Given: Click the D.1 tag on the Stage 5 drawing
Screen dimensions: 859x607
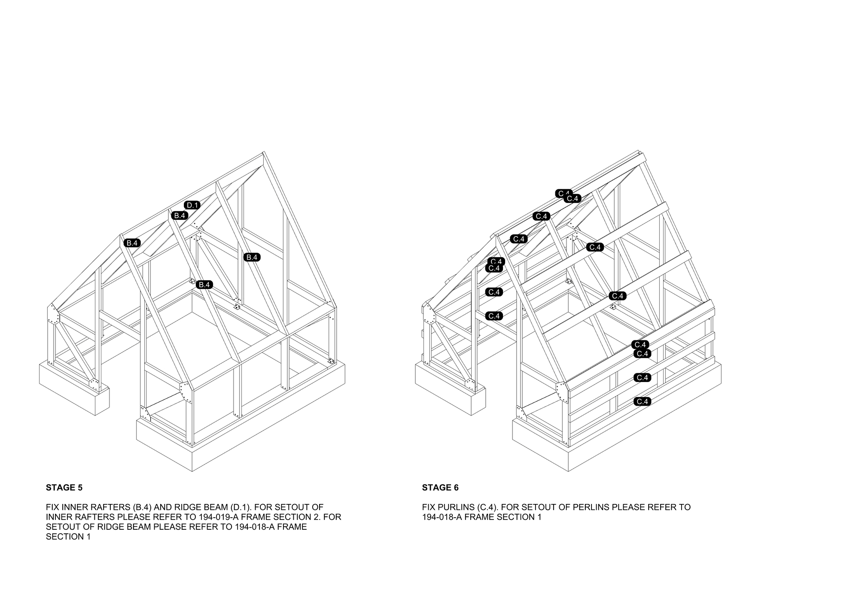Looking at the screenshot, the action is (192, 205).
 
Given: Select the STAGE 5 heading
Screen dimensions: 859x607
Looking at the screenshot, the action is (64, 488).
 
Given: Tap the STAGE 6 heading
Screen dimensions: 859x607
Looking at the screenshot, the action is (440, 488).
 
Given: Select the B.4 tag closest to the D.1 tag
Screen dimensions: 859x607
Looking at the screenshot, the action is (180, 215).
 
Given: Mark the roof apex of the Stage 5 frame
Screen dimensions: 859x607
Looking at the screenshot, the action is (263, 152).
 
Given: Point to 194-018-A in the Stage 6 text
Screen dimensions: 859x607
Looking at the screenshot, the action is (442, 517).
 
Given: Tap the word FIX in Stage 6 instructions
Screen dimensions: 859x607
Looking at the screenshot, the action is (429, 507).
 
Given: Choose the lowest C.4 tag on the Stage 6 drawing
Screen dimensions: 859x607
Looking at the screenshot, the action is (643, 402).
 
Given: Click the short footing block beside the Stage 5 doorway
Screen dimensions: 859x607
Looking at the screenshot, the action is (74, 389).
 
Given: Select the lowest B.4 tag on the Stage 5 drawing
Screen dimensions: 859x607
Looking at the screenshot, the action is (204, 285).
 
